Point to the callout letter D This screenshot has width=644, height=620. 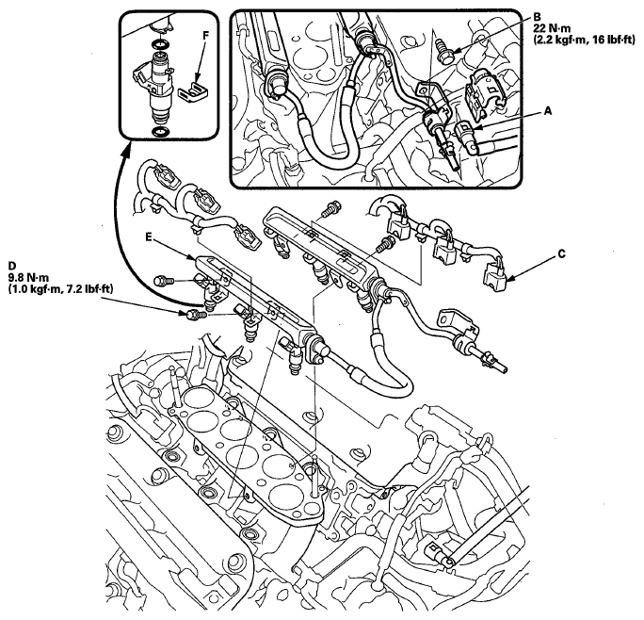[12, 266]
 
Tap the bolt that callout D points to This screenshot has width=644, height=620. [195, 312]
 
